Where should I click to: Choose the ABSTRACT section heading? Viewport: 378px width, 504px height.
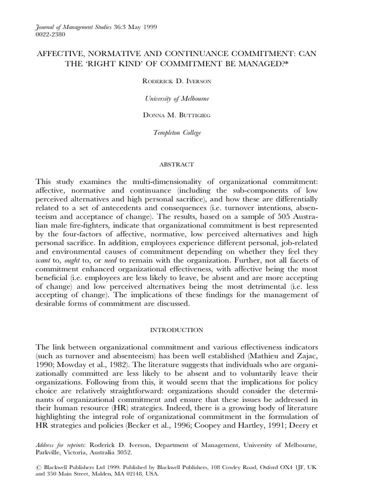click(189, 164)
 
